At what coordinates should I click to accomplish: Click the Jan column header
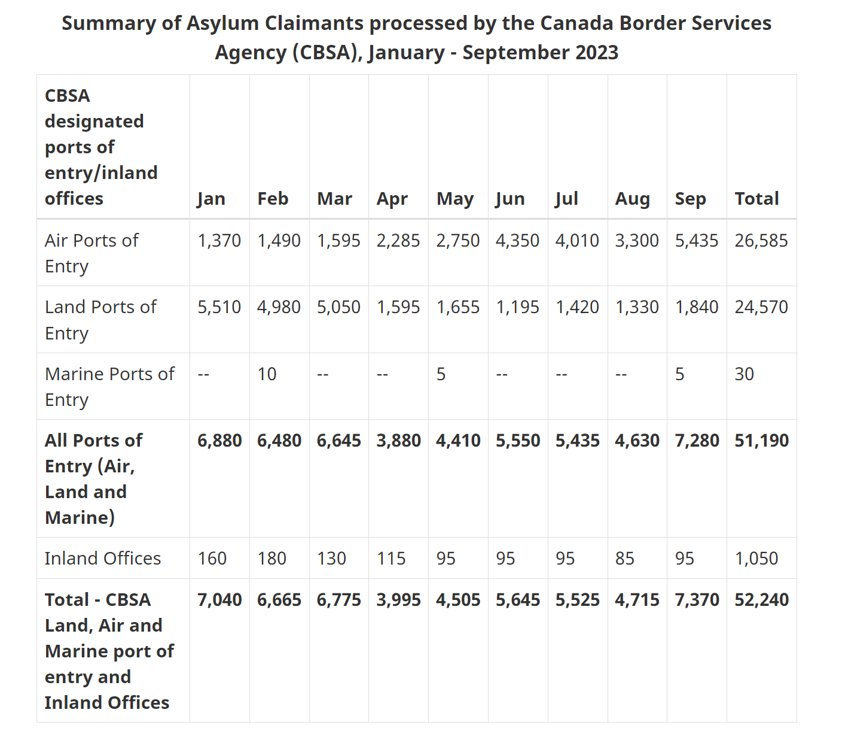211,199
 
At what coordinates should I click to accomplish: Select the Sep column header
690,199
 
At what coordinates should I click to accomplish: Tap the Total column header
756,198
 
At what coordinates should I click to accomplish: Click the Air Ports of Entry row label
91,253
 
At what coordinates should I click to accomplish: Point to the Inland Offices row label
102,558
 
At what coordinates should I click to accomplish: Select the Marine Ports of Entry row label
109,387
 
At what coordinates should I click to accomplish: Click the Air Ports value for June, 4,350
517,241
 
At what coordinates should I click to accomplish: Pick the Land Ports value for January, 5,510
219,307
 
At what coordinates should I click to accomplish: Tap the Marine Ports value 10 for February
267,374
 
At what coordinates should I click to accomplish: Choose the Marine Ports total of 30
744,374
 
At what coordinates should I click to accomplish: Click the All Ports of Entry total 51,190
761,441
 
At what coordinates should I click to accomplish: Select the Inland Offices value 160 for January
212,559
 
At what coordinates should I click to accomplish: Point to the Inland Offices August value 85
624,559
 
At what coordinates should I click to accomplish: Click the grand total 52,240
761,600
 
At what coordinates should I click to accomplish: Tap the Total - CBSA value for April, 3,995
398,600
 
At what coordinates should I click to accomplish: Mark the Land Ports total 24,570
761,307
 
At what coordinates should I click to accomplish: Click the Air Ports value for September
697,241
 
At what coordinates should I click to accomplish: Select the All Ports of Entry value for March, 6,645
338,441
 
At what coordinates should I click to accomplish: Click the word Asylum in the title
222,23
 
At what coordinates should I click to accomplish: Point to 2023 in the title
597,53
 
